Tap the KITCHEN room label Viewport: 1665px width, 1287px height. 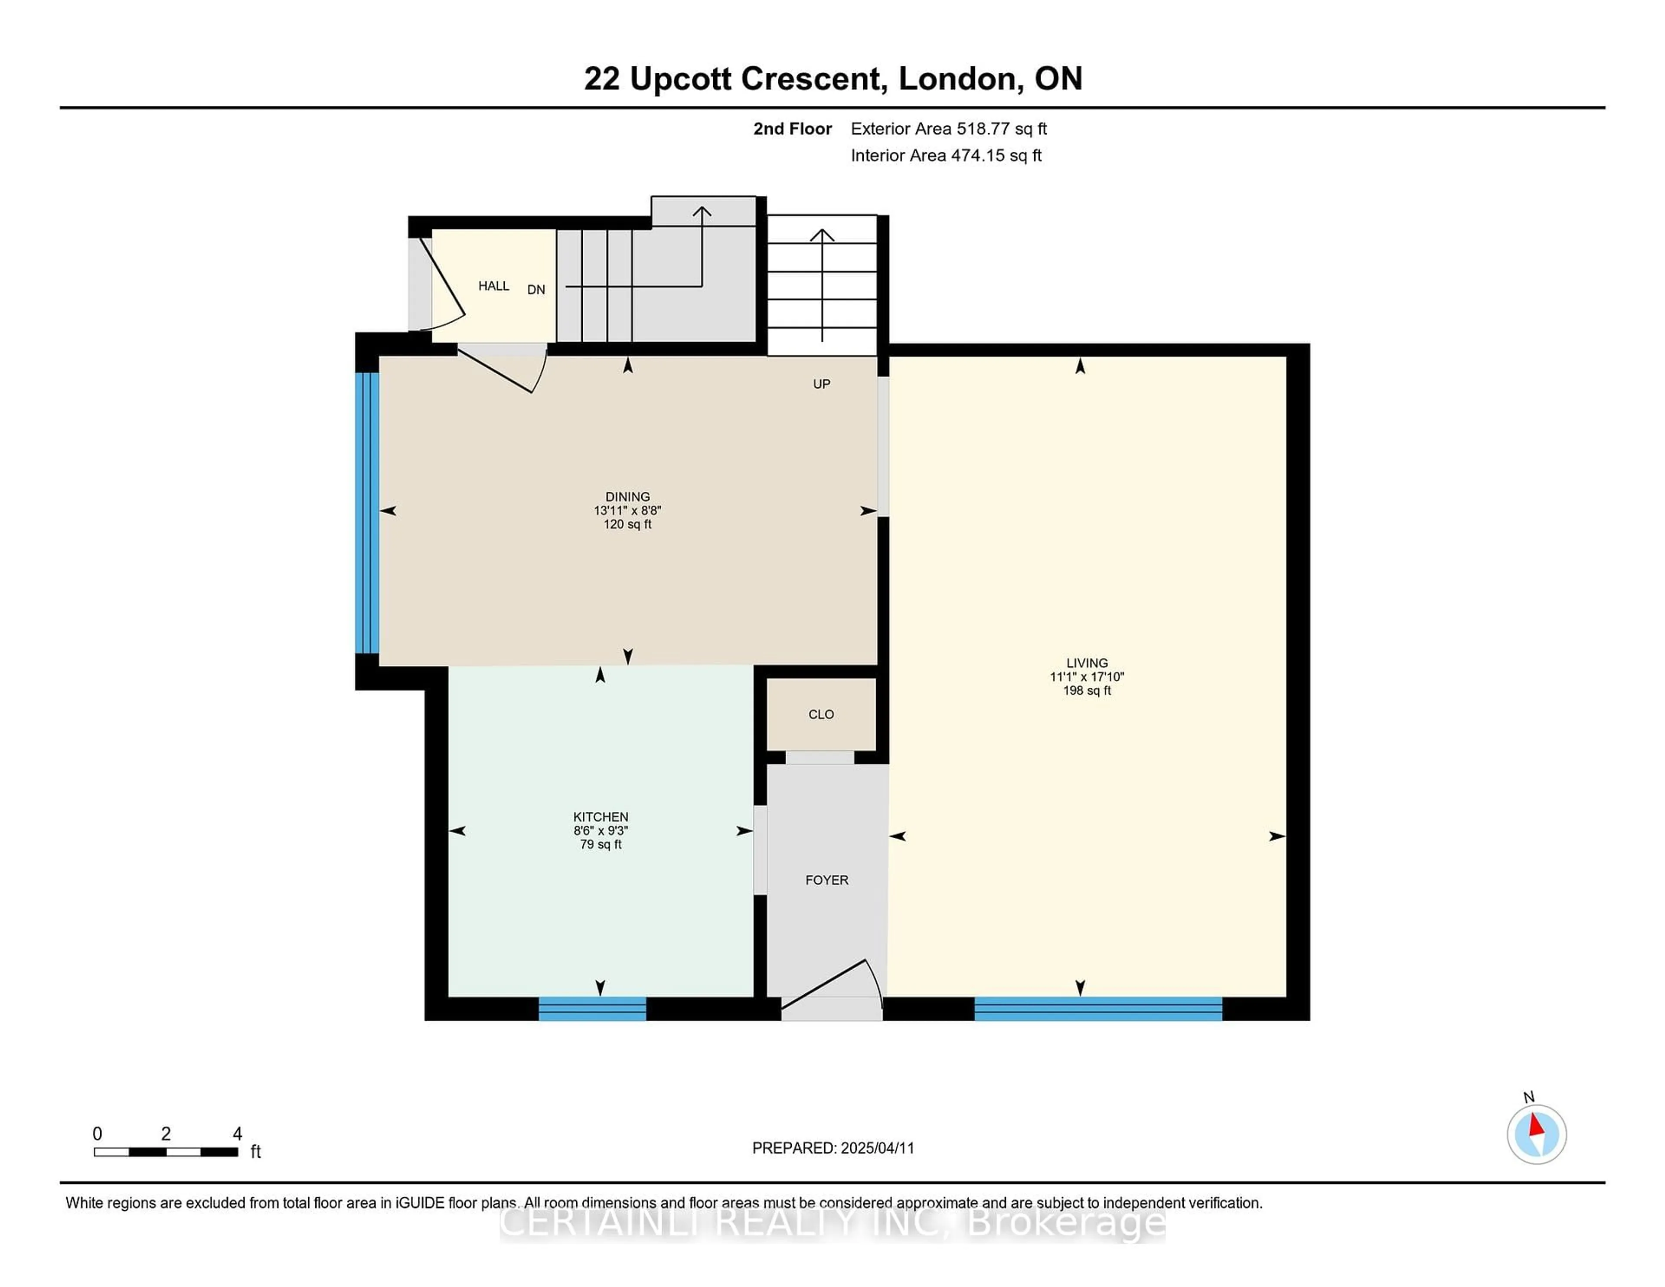[601, 817]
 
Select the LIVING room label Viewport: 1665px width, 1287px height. [1087, 663]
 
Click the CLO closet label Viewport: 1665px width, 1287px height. [821, 715]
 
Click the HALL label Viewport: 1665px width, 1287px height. [493, 286]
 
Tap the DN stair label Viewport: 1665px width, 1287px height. [536, 290]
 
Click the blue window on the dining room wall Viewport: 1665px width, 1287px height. [367, 513]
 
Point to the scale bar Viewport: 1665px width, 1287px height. [166, 1151]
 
